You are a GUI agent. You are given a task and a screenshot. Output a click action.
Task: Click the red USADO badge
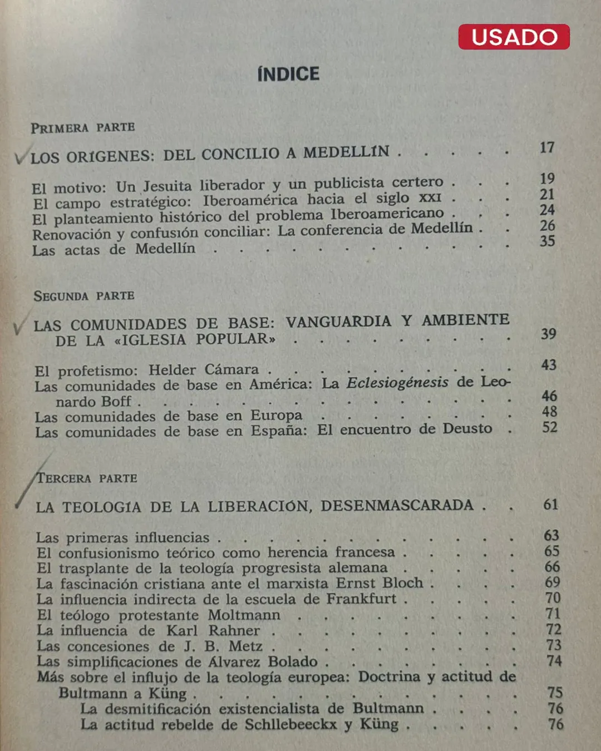[x=514, y=37]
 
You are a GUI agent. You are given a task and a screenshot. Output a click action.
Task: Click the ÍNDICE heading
[x=288, y=74]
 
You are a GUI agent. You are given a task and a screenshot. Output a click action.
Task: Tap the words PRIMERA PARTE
[x=83, y=128]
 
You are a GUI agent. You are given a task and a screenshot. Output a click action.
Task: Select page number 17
[x=547, y=147]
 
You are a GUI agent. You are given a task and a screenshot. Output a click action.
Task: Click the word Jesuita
[x=167, y=186]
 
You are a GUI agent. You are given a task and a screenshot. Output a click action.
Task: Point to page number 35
[x=547, y=241]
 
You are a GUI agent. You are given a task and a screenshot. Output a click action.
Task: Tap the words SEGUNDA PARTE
[x=84, y=296]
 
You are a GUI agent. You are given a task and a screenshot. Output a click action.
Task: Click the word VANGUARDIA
[x=338, y=322]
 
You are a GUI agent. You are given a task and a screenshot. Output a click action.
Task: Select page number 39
[x=548, y=334]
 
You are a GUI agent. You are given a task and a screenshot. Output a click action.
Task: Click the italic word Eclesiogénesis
[x=397, y=383]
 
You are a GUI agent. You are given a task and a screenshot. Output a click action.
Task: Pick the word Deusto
[x=467, y=429]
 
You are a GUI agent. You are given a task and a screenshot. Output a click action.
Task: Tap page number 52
[x=549, y=427]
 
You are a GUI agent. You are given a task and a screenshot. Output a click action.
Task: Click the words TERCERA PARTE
[x=87, y=478]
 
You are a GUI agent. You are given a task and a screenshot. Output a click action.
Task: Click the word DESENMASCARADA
[x=397, y=505]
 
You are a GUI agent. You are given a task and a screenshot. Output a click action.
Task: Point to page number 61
[x=550, y=505]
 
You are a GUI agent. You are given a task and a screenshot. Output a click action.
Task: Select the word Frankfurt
[x=361, y=599]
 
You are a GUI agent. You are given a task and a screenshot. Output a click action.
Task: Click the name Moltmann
[x=244, y=615]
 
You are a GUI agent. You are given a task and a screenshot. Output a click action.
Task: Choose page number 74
[x=554, y=661]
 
